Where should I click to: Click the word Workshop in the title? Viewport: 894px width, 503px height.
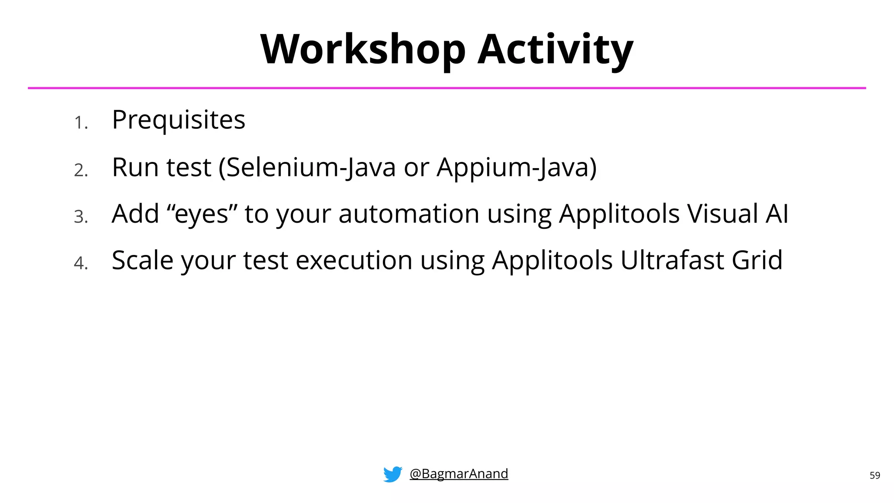click(363, 50)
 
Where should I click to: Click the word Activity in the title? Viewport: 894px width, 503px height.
click(555, 50)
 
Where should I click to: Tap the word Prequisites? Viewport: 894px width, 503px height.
click(179, 120)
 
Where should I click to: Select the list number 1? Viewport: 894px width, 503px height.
click(80, 123)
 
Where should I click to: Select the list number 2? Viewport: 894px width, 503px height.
click(81, 170)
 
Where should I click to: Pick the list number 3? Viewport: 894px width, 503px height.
click(81, 217)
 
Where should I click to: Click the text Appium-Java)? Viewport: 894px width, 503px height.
click(516, 167)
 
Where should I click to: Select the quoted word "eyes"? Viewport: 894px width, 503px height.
click(202, 214)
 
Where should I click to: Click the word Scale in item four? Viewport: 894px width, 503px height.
click(142, 260)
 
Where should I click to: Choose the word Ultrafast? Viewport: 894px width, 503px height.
click(672, 260)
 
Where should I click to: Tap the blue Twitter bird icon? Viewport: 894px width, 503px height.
click(392, 474)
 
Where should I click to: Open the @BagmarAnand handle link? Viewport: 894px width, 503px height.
click(459, 474)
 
